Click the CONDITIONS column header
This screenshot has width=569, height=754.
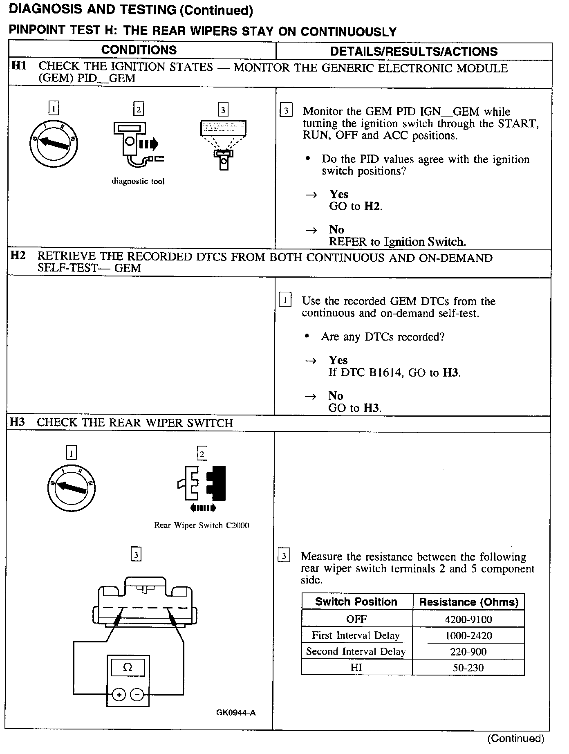139,50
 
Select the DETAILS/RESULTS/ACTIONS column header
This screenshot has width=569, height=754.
414,52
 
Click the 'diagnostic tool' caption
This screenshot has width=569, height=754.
138,181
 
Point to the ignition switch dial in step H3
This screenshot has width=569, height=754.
71,487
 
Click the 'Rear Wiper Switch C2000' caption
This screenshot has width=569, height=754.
202,525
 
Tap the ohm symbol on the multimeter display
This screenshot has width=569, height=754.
128,668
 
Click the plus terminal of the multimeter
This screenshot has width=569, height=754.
119,695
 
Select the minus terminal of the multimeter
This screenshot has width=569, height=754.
137,695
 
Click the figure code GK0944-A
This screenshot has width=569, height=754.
236,713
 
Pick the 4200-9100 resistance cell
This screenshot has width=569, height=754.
468,619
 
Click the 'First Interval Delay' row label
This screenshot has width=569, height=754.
356,635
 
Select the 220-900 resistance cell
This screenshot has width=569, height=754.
468,652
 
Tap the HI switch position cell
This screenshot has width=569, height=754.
356,668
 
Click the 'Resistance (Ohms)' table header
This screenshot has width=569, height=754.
468,602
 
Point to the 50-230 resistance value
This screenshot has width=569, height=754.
468,668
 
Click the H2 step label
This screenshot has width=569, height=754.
18,256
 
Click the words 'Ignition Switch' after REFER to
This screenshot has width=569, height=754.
425,242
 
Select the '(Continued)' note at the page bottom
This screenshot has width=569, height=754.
516,738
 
